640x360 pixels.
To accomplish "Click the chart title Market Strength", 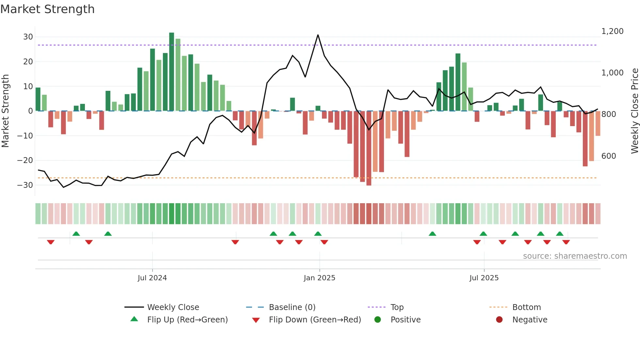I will coord(47,9).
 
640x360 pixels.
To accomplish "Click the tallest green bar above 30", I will coord(171,72).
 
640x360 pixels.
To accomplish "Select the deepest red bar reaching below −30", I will coord(369,149).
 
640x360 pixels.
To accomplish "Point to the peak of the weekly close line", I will coord(318,35).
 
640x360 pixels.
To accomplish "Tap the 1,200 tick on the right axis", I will coord(612,31).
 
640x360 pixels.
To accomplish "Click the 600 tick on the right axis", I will coord(609,156).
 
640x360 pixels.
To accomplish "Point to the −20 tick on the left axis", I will coord(25,160).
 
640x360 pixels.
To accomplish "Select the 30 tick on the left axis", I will coord(28,37).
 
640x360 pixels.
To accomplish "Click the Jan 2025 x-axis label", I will coord(319,278).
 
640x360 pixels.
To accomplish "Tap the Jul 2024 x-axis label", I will coord(152,278).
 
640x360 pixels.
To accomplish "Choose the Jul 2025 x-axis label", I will coord(484,278).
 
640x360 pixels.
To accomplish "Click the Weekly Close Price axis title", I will coord(634,111).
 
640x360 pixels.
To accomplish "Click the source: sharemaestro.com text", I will coord(575,256).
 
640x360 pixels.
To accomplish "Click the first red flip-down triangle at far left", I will coord(51,242).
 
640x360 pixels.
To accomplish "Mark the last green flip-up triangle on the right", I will coord(560,234).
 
